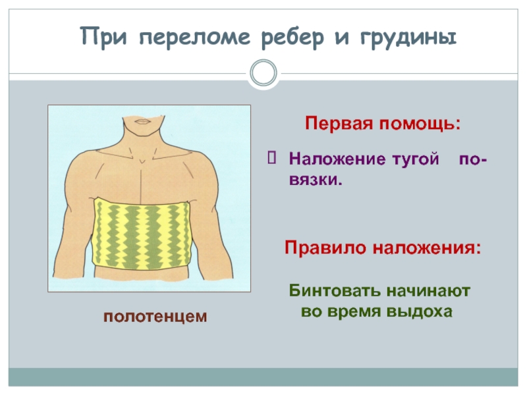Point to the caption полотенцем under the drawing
coord(155,317)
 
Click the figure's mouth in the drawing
coord(143,122)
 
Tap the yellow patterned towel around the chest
coord(142,234)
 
